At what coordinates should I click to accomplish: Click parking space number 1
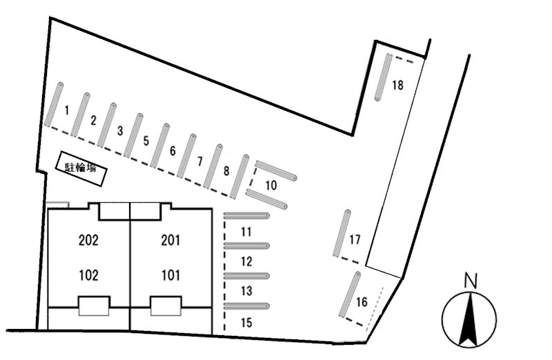coord(66,110)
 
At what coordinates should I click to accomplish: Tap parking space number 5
coord(146,141)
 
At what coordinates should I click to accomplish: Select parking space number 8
coord(226,171)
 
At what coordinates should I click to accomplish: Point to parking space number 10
coord(271,186)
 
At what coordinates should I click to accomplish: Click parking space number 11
coord(246,232)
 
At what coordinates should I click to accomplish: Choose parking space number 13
coord(247,291)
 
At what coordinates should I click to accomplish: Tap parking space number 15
coord(247,322)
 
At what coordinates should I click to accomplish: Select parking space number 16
coord(362,302)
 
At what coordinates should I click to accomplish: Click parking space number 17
coord(355,239)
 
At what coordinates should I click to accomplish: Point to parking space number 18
coord(398,85)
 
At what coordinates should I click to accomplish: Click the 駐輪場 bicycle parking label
coord(81,168)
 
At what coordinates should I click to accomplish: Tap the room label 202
coord(89,241)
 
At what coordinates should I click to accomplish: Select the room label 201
coord(170,241)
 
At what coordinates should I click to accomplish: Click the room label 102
coord(89,275)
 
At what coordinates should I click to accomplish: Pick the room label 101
coord(170,275)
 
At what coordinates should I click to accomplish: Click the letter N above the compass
coord(471,281)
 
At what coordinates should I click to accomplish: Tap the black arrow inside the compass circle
coord(469,319)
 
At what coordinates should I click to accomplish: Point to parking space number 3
coord(120,131)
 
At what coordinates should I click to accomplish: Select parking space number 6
coord(172,151)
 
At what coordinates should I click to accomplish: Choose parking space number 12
coord(247,261)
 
